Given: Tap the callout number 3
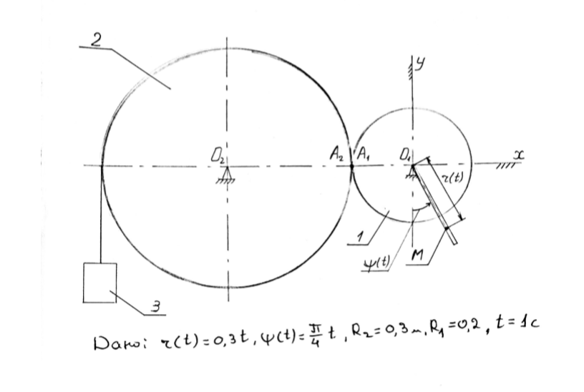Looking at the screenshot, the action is tap(155, 309).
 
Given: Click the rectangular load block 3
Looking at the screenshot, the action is tap(99, 283).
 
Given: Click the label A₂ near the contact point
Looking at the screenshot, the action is tap(336, 152).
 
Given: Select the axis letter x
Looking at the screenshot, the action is tap(517, 154).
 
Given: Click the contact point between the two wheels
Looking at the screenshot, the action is tap(352, 167).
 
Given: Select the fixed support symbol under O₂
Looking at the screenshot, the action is tap(226, 177).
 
